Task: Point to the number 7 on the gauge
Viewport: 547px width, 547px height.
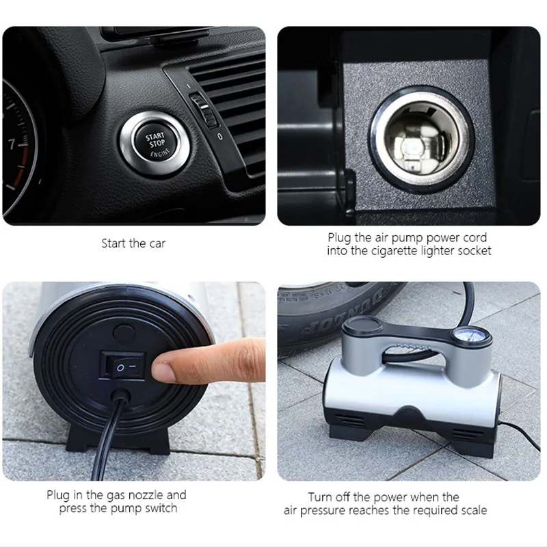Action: [12, 144]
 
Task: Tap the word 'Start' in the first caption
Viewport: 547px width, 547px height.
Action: [114, 243]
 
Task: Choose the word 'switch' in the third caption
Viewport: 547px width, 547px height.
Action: [161, 508]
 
